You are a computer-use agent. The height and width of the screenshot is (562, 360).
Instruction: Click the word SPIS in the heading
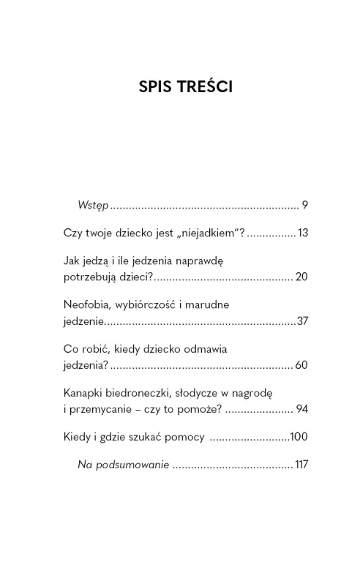[x=157, y=88]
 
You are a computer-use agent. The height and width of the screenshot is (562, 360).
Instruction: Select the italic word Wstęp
[x=93, y=206]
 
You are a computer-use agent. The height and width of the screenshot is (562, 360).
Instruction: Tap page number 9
[x=304, y=206]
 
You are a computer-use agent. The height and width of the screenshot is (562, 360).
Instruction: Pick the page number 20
[x=301, y=278]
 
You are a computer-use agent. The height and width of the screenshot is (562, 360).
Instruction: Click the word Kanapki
[x=84, y=392]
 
